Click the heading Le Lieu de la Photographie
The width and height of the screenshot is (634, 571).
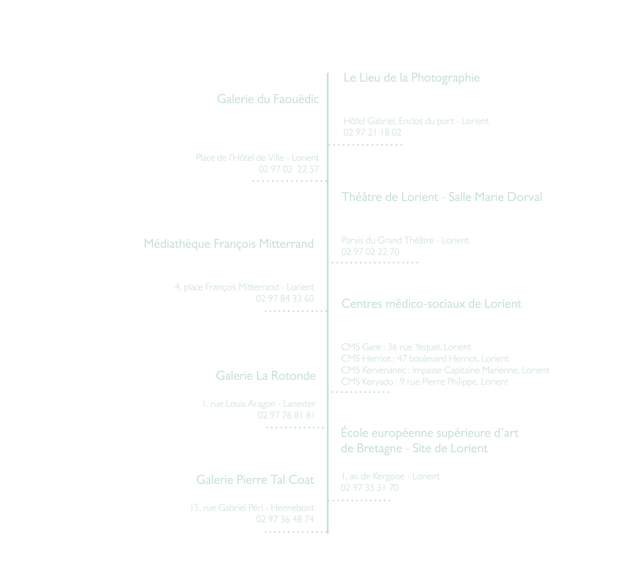pos(411,78)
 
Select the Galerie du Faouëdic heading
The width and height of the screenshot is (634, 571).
pos(268,99)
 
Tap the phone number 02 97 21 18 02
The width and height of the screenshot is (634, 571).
pos(372,132)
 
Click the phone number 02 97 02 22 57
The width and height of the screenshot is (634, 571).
pos(289,169)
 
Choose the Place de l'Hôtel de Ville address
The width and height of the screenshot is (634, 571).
pos(257,158)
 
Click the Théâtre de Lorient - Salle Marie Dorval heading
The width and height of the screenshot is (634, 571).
pos(442,197)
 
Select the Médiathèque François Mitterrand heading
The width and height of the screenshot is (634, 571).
pos(229,244)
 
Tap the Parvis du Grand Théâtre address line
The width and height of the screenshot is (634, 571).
pos(405,240)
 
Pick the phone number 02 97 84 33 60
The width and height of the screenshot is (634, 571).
pos(285,298)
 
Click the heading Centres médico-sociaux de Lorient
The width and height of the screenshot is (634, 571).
pos(431,304)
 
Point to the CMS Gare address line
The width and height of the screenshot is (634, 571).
pos(406,347)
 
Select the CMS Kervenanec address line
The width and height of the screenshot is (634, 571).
pos(445,370)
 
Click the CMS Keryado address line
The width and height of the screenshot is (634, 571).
pos(425,382)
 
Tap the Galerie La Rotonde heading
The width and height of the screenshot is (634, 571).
pos(266,376)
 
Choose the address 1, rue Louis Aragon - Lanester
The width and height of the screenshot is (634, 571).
pos(259,404)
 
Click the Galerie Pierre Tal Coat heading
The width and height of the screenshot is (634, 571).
pos(255,480)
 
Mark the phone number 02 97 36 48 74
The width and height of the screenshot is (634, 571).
pos(285,519)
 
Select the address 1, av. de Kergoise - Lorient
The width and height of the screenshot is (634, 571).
pos(390,476)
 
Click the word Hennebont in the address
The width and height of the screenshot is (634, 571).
pos(292,508)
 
